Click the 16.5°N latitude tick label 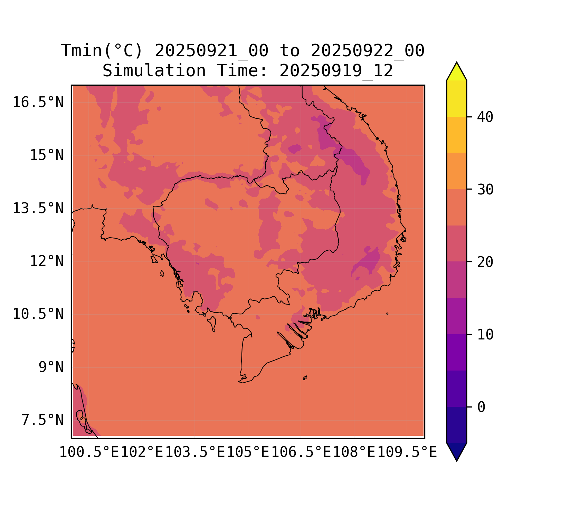[x=38, y=103]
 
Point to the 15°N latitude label [x=47, y=155]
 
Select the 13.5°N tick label [x=38, y=209]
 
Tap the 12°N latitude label [x=47, y=261]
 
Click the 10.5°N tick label [x=38, y=314]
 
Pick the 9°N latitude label [x=51, y=367]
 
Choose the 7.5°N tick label [x=43, y=420]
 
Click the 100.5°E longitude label [x=89, y=452]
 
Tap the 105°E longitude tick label [x=248, y=452]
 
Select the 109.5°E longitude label [x=407, y=452]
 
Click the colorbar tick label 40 [x=485, y=117]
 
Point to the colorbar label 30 [x=485, y=190]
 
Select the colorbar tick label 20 [x=485, y=262]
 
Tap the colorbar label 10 [x=485, y=335]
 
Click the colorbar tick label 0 [x=481, y=407]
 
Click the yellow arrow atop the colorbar [x=457, y=72]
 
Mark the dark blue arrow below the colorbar [x=457, y=451]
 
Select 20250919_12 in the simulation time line [x=336, y=71]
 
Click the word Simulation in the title [x=154, y=71]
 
